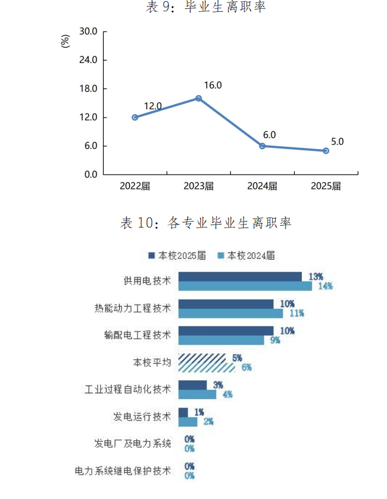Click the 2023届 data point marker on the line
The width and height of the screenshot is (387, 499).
[199, 98]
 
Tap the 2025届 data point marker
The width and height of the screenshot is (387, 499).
[326, 151]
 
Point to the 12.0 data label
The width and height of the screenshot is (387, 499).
[152, 106]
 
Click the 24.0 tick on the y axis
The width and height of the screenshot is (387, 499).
[88, 60]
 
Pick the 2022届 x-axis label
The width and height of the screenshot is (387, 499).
[135, 186]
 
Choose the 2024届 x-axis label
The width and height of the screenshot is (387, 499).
[263, 186]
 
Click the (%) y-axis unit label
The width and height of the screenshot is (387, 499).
[65, 41]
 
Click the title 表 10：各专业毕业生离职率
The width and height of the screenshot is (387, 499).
[205, 223]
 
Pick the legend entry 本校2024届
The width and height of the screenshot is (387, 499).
[246, 255]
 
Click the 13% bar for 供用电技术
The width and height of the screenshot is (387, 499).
[240, 276]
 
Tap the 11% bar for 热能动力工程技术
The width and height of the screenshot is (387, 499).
[230, 313]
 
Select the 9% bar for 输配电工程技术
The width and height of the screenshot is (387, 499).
[221, 340]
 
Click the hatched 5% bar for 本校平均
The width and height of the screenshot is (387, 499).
[202, 358]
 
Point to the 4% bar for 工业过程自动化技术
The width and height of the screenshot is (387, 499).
[197, 394]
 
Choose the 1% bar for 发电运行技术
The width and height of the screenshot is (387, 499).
[183, 412]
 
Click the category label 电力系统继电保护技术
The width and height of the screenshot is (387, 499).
[123, 471]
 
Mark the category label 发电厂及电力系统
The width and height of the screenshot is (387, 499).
[132, 444]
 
